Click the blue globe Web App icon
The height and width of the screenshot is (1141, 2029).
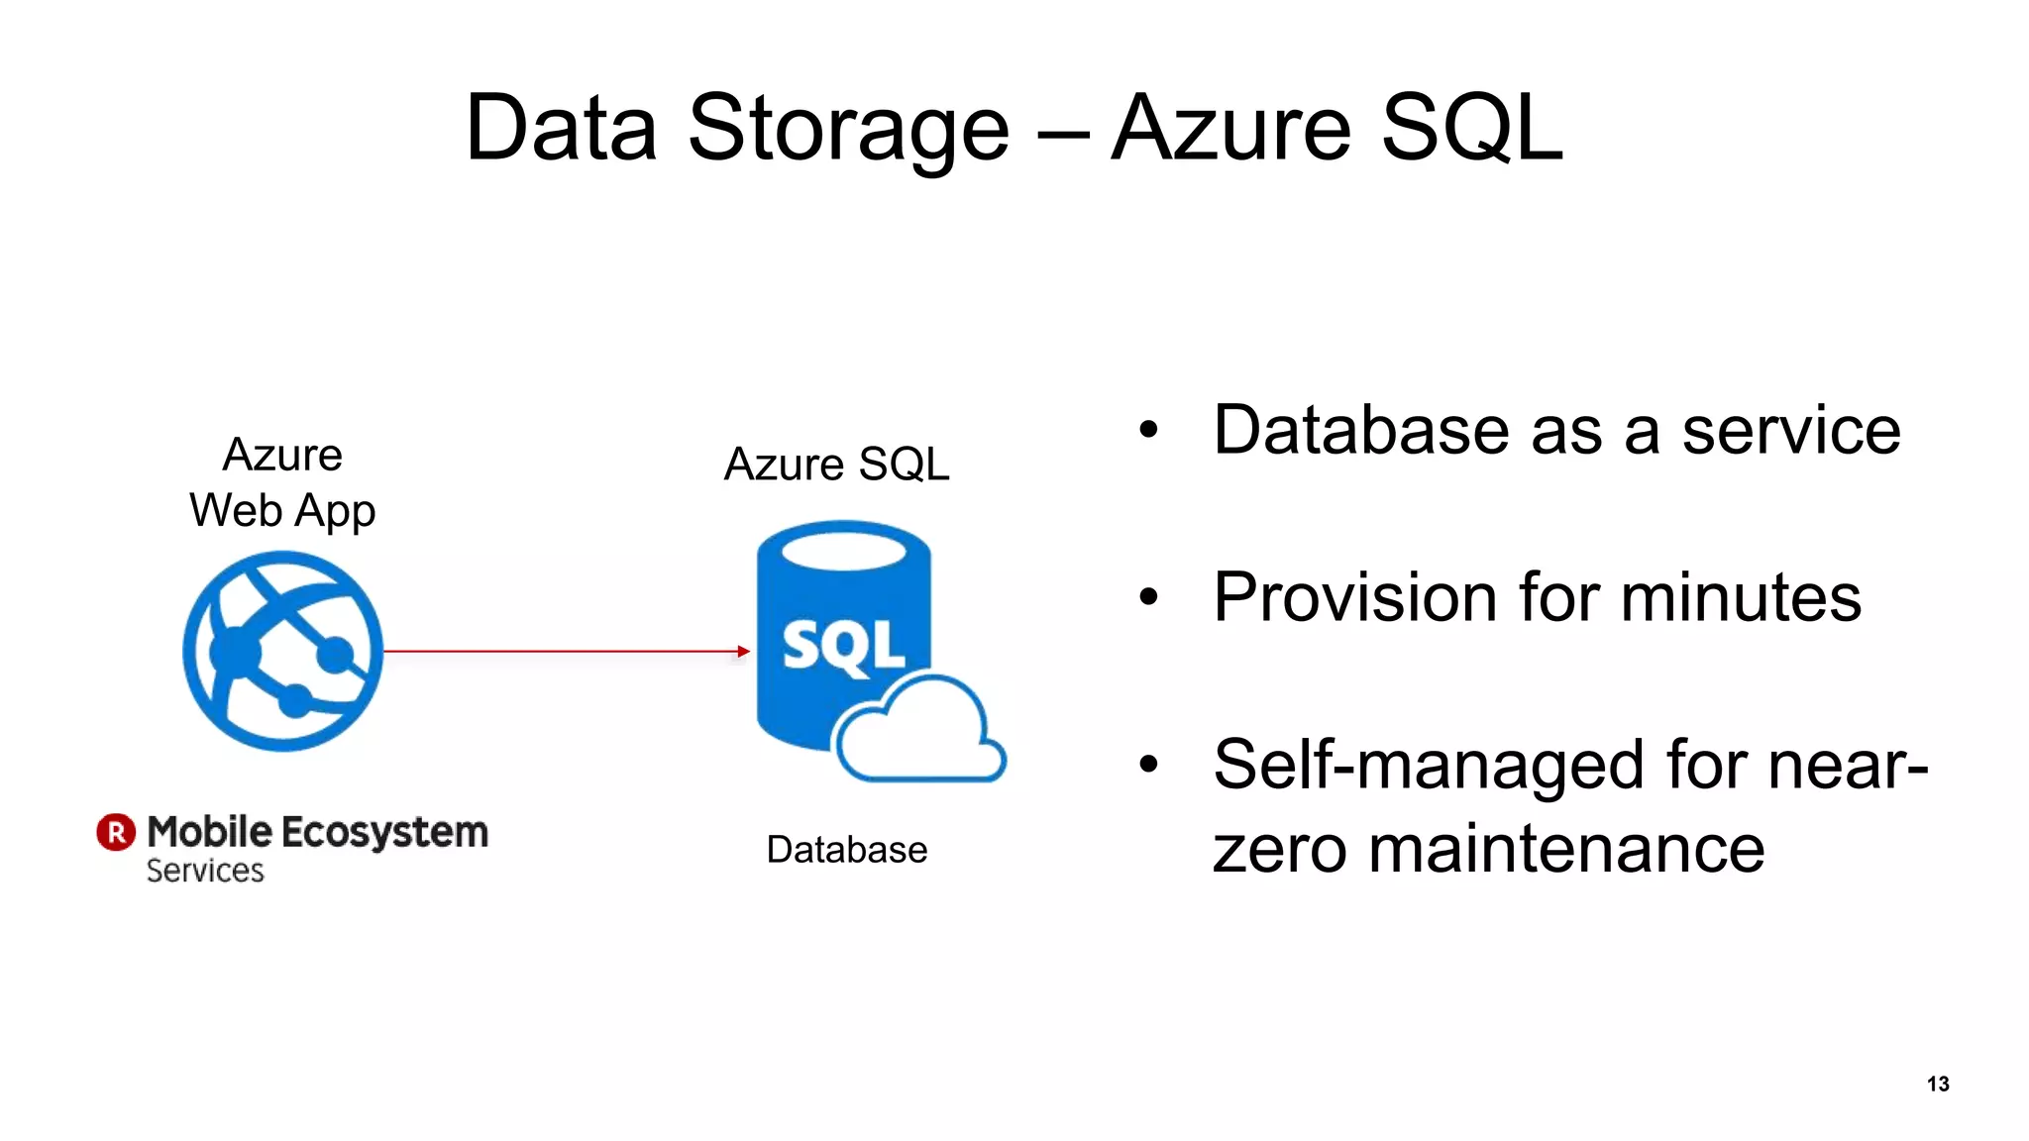[283, 651]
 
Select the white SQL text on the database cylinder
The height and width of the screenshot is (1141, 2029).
[843, 647]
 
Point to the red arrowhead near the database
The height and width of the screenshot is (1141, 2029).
[743, 651]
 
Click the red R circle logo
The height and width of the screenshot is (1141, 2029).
[116, 832]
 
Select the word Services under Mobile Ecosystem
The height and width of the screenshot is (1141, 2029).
[205, 871]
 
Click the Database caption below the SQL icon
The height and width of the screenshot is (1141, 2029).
[846, 850]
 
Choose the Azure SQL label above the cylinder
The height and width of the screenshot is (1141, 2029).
[836, 464]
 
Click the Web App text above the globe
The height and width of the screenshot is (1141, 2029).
[282, 511]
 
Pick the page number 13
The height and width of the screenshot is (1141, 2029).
[1938, 1084]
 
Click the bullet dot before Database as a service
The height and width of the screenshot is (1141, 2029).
[1148, 430]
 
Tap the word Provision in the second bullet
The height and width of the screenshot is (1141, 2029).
[1354, 597]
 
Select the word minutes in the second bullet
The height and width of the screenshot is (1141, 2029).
[1741, 597]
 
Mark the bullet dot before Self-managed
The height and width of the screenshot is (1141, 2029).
[1148, 764]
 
